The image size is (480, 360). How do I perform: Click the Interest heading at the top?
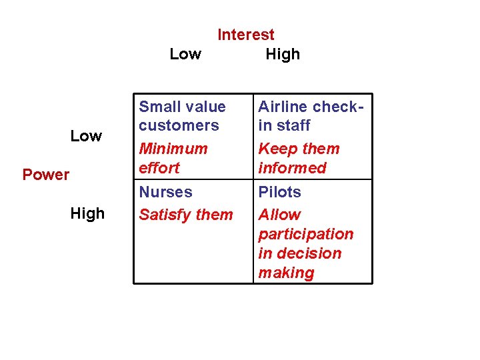[245, 35]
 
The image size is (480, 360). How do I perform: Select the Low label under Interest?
[185, 55]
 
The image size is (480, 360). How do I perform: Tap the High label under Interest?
[283, 55]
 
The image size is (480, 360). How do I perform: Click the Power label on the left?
[46, 175]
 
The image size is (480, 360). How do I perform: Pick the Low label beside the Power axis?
[86, 136]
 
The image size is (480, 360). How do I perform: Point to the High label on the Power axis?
[87, 213]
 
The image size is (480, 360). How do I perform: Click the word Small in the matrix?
[157, 107]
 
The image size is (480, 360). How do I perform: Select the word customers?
[179, 125]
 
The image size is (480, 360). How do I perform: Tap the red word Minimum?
[173, 149]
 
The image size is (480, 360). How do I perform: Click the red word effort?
[159, 168]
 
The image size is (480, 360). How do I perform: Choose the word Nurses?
[165, 192]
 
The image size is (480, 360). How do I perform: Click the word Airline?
[283, 107]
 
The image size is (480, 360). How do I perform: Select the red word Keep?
[276, 149]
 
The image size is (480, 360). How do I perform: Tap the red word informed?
[292, 168]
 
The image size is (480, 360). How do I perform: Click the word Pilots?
[279, 192]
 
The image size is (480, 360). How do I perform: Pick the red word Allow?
[279, 215]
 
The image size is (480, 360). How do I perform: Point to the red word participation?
[305, 235]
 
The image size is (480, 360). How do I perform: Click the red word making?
[286, 273]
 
